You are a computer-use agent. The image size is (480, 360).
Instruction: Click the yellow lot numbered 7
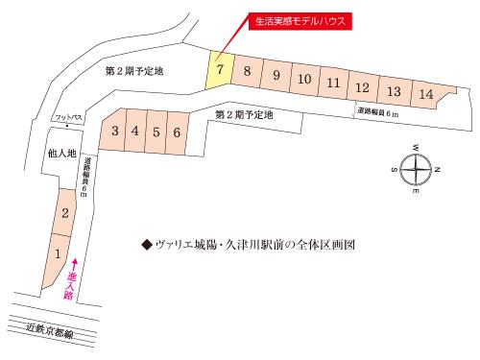point(221,70)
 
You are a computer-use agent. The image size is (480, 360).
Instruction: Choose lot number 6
point(156,131)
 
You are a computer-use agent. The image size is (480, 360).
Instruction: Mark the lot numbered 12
point(361,88)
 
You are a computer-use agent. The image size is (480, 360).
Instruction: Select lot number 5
point(156,131)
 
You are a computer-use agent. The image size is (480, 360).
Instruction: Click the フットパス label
point(70,117)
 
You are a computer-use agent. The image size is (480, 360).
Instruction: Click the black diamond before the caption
point(146,245)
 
